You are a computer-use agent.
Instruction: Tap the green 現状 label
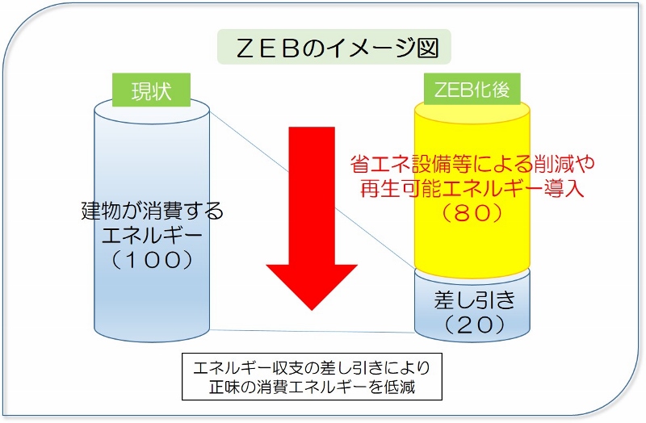click(x=152, y=89)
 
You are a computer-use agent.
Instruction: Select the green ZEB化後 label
click(x=472, y=89)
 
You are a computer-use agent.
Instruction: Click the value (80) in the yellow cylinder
click(x=473, y=213)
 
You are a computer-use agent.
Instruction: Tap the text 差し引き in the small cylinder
click(x=473, y=300)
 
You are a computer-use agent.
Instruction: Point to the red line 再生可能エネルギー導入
click(x=473, y=189)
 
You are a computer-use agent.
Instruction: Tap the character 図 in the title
click(x=427, y=48)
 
